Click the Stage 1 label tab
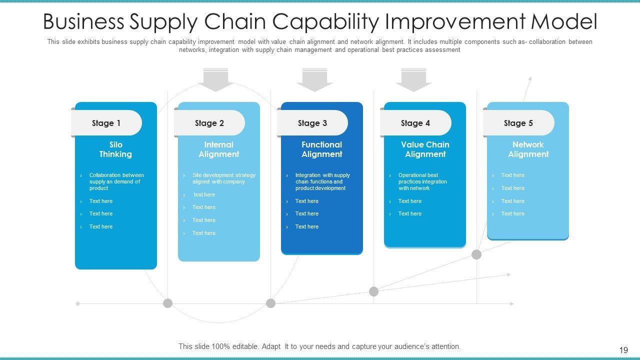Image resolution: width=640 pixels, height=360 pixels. point(106,123)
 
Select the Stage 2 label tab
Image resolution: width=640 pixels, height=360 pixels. point(209,123)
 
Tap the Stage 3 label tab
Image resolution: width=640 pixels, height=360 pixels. point(312,123)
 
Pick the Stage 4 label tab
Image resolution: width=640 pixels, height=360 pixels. point(415,123)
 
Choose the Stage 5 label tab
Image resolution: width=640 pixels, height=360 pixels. point(518,123)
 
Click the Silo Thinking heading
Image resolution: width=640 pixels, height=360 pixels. point(115,149)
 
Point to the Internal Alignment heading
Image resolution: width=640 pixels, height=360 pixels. point(219,149)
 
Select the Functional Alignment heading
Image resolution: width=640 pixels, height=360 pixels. point(322,149)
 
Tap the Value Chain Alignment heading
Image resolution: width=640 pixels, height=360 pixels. point(425,149)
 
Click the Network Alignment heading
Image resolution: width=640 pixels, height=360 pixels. point(528,149)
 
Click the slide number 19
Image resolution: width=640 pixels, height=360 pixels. point(623,350)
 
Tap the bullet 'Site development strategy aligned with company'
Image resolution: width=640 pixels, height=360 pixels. point(223,178)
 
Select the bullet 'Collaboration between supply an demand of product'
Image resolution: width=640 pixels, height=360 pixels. point(116,181)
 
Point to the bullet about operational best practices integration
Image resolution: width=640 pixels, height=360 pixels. point(422,181)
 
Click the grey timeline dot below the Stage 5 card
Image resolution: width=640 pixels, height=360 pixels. point(476,254)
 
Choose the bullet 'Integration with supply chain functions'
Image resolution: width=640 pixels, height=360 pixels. point(322,181)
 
